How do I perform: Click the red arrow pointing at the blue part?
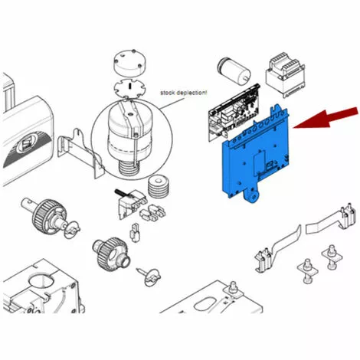[x=326, y=118]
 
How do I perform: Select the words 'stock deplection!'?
[x=184, y=93]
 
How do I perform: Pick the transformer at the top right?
[x=285, y=74]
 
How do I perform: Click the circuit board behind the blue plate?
[x=234, y=113]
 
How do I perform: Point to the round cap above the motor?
[x=129, y=64]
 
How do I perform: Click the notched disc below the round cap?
[x=130, y=88]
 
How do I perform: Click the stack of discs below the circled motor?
[x=159, y=185]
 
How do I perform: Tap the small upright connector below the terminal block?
[x=134, y=232]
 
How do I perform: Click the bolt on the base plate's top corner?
[x=233, y=288]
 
